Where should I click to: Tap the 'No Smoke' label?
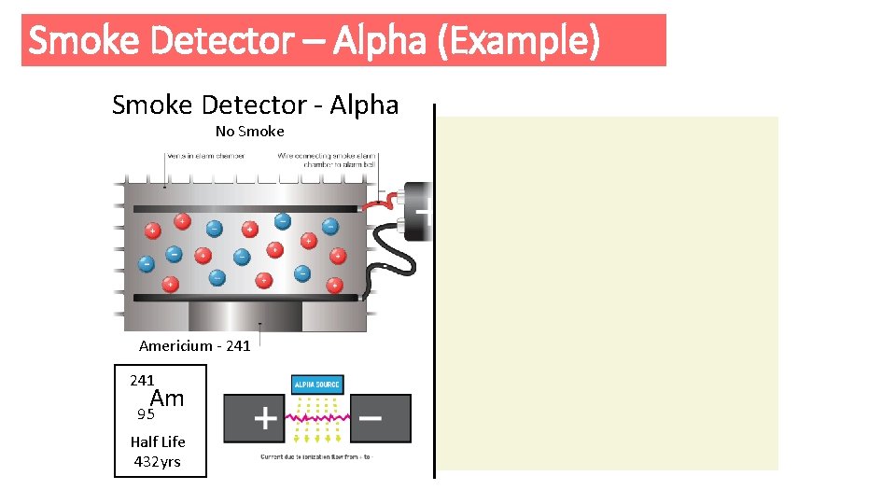pos(249,131)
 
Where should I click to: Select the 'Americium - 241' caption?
pos(194,345)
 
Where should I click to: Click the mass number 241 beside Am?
pos(142,380)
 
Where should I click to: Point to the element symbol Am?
pos(167,399)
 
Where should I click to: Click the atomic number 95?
pos(145,414)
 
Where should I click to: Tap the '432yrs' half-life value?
pos(157,461)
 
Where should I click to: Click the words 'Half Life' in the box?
pos(158,441)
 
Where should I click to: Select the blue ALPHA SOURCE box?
pos(318,385)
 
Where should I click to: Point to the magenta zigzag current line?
pos(317,418)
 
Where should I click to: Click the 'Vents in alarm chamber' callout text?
pos(206,156)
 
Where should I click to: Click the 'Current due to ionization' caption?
pos(315,456)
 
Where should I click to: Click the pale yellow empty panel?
pos(609,292)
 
